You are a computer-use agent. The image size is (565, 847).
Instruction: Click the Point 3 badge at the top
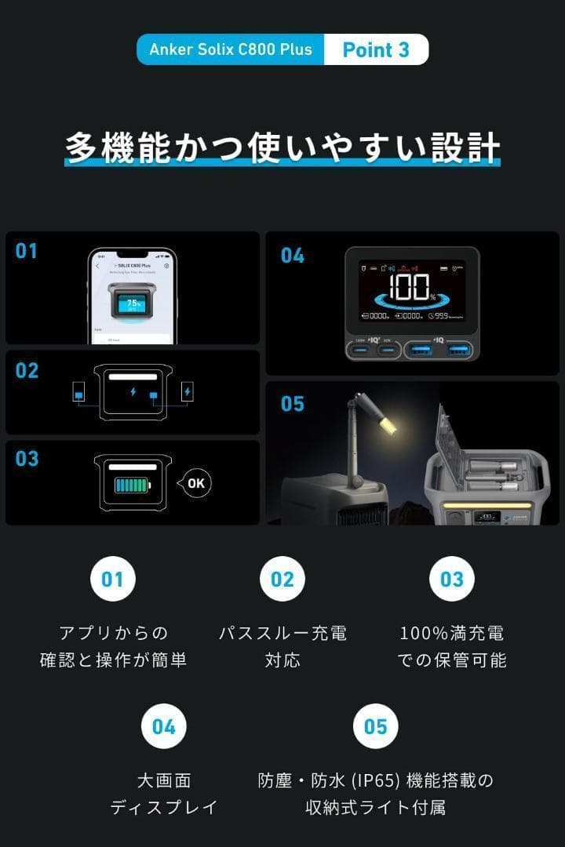(x=376, y=49)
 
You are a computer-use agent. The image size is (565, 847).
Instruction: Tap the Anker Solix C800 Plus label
(x=231, y=49)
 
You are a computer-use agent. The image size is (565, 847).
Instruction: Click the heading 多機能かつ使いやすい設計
(x=282, y=147)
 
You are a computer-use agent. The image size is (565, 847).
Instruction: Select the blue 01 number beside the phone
(x=27, y=251)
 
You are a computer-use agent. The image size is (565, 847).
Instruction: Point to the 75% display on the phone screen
(x=133, y=304)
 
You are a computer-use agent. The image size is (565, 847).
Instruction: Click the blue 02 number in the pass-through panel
(x=27, y=370)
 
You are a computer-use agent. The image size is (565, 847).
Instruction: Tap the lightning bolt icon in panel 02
(x=133, y=391)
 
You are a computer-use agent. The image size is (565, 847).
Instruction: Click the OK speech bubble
(x=195, y=483)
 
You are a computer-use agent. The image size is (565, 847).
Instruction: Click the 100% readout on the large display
(x=410, y=288)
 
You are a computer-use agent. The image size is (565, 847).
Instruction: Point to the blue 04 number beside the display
(x=292, y=255)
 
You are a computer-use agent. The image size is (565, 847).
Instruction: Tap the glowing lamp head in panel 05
(x=386, y=425)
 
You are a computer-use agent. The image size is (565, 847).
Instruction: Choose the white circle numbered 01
(x=112, y=579)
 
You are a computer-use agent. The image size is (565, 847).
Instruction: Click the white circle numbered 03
(x=451, y=579)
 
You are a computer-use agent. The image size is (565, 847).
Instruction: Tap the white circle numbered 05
(x=376, y=726)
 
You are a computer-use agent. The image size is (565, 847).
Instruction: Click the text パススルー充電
(x=282, y=633)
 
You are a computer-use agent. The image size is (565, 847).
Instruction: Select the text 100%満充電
(x=451, y=633)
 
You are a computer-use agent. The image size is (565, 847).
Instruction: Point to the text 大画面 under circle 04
(x=164, y=780)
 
